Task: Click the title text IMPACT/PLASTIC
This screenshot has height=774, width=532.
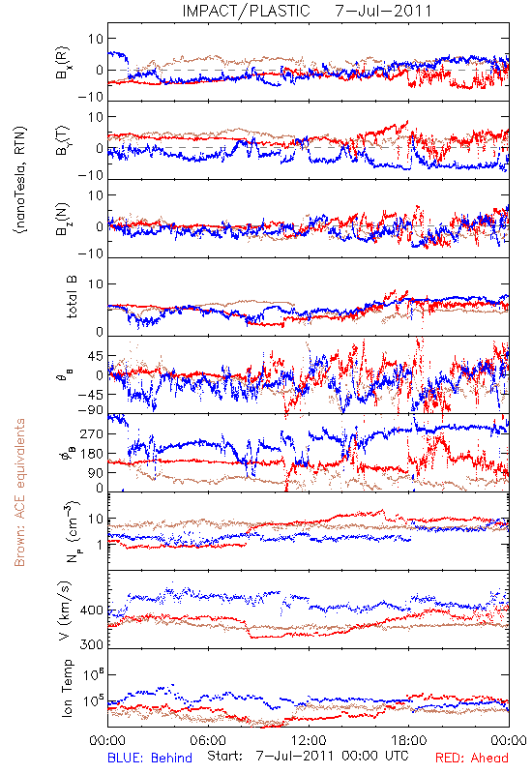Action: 246,11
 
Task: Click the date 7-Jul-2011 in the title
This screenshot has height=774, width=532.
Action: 383,11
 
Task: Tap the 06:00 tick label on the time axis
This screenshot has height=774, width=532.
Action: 208,740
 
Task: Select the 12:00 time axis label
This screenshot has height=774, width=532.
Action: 309,740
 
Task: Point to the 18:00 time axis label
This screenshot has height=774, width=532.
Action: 409,740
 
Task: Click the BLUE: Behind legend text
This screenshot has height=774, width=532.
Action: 150,758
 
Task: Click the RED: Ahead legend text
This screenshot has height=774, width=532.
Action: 471,758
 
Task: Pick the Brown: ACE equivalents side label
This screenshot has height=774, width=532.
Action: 19,492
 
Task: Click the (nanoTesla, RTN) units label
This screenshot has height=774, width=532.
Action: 20,180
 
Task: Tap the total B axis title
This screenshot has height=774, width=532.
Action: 72,297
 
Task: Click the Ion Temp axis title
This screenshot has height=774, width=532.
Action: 67,688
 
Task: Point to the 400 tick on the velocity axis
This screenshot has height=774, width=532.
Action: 91,610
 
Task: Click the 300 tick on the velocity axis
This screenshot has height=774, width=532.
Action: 91,644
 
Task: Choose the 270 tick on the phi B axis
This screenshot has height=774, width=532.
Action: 91,433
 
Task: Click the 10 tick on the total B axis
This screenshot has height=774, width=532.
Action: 96,284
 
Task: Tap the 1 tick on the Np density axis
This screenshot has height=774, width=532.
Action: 101,545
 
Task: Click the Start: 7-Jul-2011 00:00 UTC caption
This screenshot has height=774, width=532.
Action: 308,757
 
